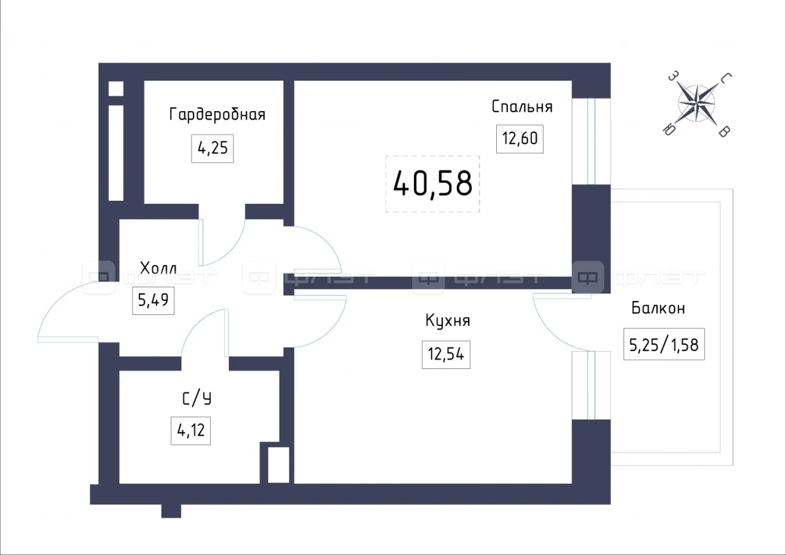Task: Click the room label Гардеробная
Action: click(217, 115)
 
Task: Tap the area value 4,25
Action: click(212, 148)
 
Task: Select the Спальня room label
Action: click(522, 107)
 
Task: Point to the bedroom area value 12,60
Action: click(519, 139)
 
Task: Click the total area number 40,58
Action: click(433, 184)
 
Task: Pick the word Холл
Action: click(158, 268)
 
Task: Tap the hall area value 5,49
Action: click(154, 300)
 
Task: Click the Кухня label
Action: click(448, 320)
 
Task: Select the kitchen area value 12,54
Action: click(446, 354)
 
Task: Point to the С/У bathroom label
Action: click(197, 398)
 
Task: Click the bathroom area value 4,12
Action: click(190, 430)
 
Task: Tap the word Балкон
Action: click(658, 308)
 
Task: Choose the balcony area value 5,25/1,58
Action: click(664, 345)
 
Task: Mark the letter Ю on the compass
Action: click(669, 130)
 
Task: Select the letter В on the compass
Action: click(725, 131)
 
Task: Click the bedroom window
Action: click(591, 141)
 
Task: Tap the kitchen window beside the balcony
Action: click(591, 385)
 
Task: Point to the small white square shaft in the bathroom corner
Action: click(279, 465)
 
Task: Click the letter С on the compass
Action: click(726, 78)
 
